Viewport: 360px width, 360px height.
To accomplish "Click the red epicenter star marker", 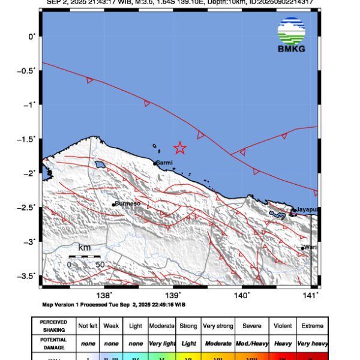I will click(180, 148).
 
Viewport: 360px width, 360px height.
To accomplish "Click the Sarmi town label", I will click(164, 163).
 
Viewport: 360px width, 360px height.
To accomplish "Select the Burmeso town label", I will click(128, 203).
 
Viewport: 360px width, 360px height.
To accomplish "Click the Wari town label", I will click(310, 247).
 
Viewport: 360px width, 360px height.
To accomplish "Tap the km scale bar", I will click(84, 256).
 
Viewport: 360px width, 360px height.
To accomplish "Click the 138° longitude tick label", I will click(104, 295).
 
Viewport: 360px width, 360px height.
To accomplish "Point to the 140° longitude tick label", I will click(242, 295).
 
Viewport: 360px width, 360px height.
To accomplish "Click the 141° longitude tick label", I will click(310, 295).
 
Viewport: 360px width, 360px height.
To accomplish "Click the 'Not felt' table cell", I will click(88, 326).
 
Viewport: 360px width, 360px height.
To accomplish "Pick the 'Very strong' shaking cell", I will click(218, 326).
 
